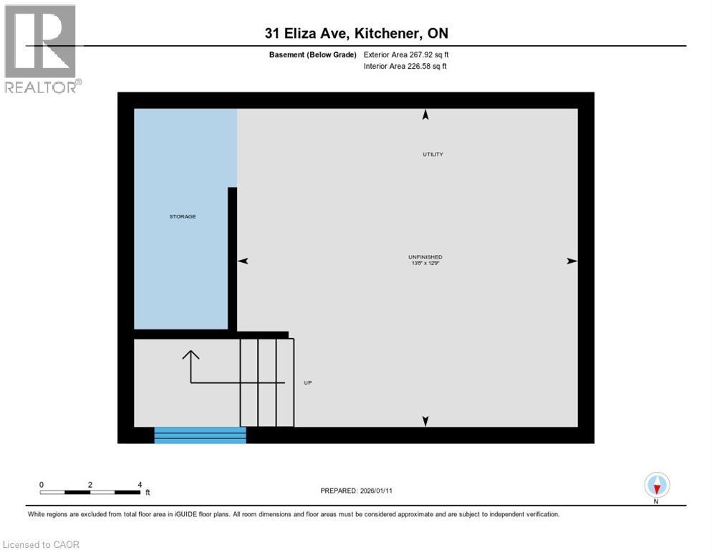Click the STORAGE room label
pyautogui.click(x=183, y=216)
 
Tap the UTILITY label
pyautogui.click(x=433, y=155)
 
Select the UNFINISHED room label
pyautogui.click(x=425, y=257)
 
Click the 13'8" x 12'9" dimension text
pyautogui.click(x=425, y=264)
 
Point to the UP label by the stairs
pyautogui.click(x=307, y=382)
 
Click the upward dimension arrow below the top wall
pyautogui.click(x=425, y=114)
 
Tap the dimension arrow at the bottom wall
pyautogui.click(x=425, y=421)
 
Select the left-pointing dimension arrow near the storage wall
pyautogui.click(x=243, y=261)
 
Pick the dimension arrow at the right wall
pyautogui.click(x=572, y=261)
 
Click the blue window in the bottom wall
pyautogui.click(x=200, y=435)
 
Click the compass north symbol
pyautogui.click(x=657, y=486)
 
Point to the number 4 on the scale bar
pyautogui.click(x=140, y=484)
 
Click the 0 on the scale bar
pyautogui.click(x=42, y=484)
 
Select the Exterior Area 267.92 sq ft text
pyautogui.click(x=406, y=54)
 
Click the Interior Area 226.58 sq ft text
pyautogui.click(x=406, y=67)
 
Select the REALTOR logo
pyautogui.click(x=42, y=49)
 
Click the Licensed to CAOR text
pyautogui.click(x=42, y=545)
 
